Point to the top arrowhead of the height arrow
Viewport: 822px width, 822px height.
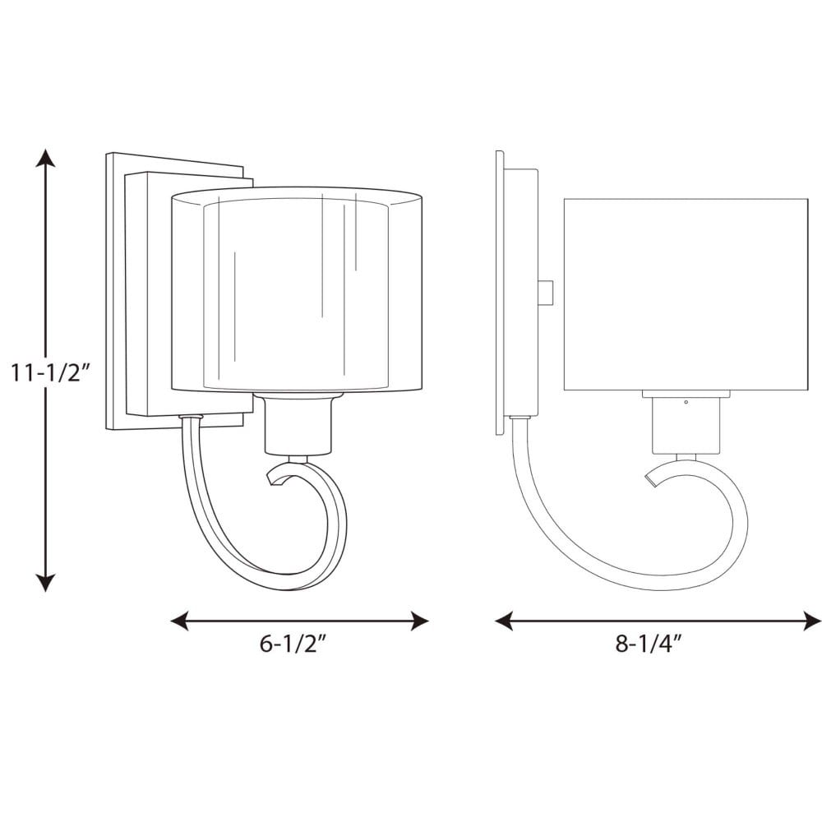click(x=45, y=158)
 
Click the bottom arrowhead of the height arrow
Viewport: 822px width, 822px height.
click(x=45, y=583)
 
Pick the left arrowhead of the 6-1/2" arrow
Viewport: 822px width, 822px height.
click(x=180, y=621)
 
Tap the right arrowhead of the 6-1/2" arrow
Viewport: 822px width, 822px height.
click(x=420, y=621)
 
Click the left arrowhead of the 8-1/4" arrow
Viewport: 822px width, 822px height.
click(x=504, y=621)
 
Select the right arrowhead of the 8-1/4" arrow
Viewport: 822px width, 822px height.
click(x=812, y=621)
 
